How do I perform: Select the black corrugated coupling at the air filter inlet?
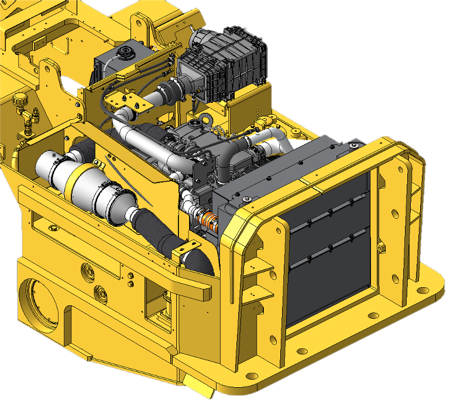[171, 91]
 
